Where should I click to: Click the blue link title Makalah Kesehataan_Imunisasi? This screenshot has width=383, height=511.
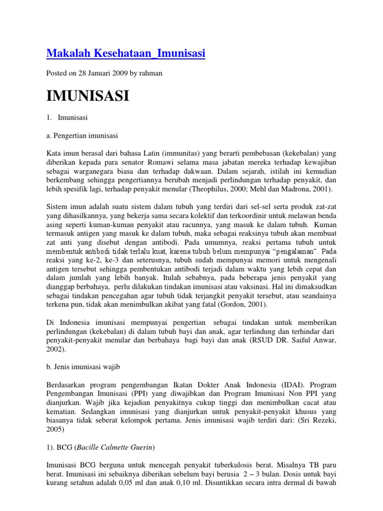coord(126,53)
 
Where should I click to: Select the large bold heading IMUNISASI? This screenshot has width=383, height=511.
coord(87,95)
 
